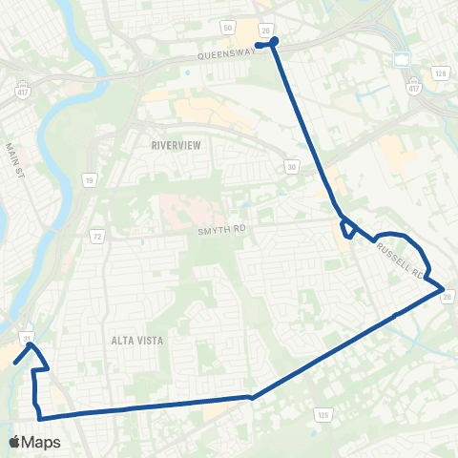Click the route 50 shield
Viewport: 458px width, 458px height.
[228, 30]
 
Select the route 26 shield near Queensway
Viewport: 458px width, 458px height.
[266, 30]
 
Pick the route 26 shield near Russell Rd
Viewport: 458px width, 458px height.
[448, 297]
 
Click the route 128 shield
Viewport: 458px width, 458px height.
[440, 73]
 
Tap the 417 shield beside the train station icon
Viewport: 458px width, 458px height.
[413, 88]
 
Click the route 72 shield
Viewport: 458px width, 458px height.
[97, 235]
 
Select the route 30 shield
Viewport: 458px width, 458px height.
[290, 167]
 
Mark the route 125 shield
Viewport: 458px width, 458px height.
[323, 415]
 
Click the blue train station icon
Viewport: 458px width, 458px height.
[402, 60]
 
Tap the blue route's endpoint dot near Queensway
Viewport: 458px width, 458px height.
[275, 41]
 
